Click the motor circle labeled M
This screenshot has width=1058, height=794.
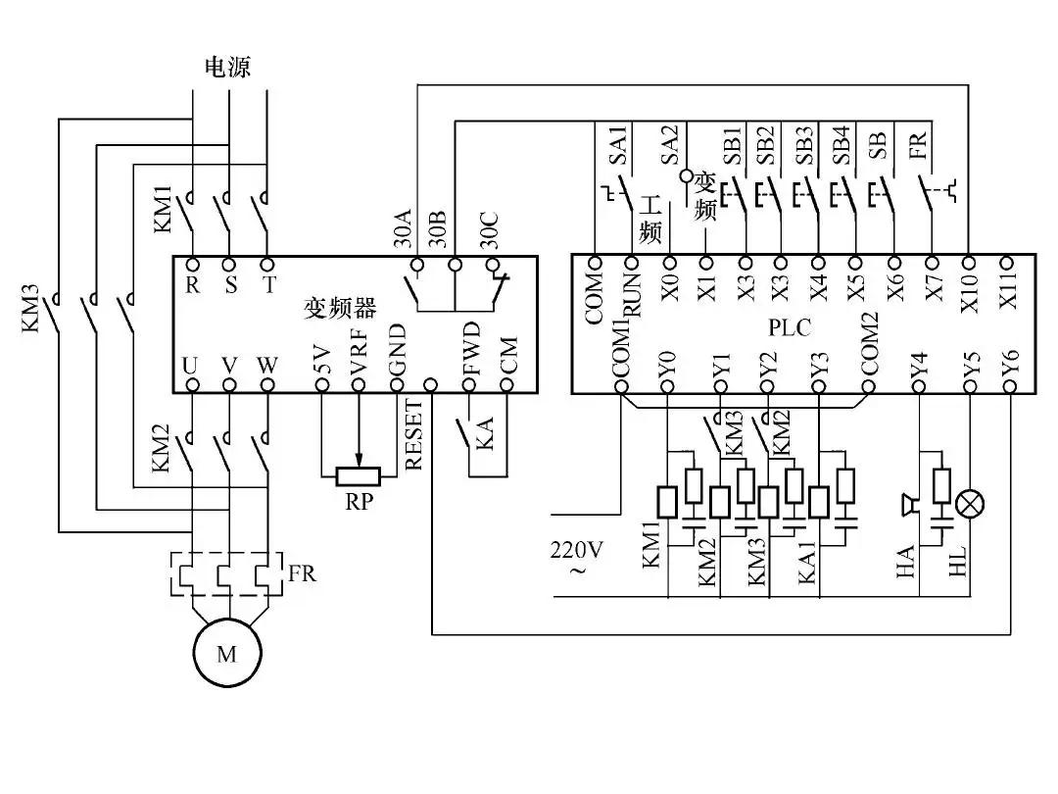tap(226, 654)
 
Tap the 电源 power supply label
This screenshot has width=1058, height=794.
tap(226, 67)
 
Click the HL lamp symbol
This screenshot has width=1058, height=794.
tap(970, 504)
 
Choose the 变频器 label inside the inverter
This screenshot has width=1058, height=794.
tap(339, 310)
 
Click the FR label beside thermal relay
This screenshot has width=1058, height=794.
tap(302, 573)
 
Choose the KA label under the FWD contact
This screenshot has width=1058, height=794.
tap(484, 433)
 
